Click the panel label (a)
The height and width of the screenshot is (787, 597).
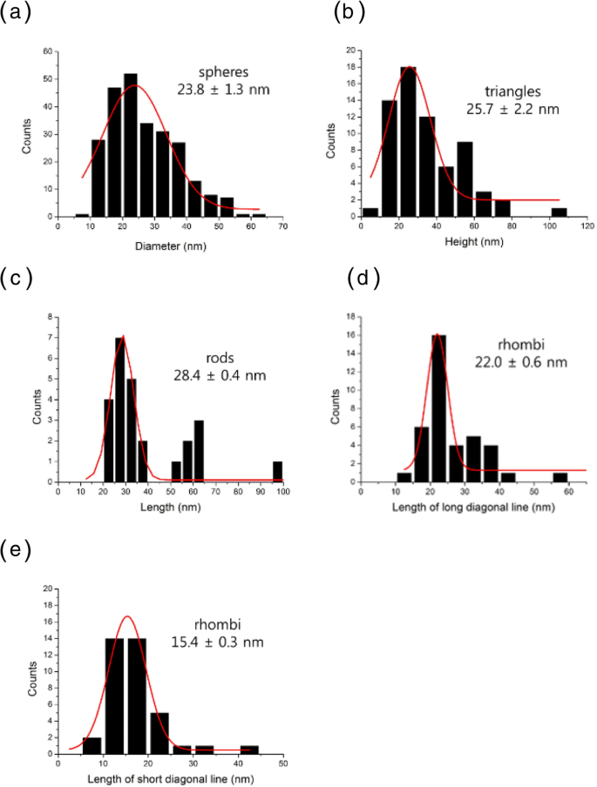point(18,15)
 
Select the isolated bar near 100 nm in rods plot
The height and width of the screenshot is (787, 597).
point(276,470)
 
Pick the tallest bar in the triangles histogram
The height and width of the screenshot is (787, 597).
point(409,142)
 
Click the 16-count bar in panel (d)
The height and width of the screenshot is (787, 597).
point(438,408)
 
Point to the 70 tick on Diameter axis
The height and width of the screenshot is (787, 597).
point(282,226)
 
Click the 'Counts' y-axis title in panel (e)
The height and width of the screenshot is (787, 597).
point(33,670)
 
